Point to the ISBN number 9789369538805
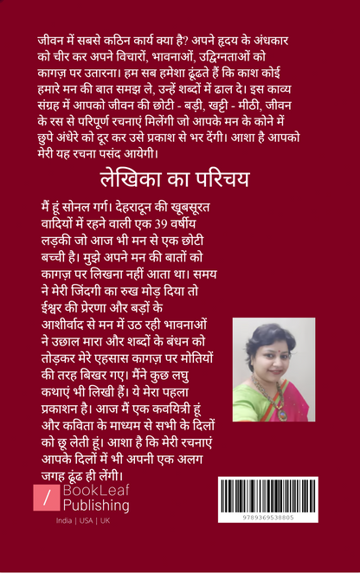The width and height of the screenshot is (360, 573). (268, 516)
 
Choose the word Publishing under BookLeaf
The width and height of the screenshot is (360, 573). (95, 505)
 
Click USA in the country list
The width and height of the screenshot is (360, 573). (85, 521)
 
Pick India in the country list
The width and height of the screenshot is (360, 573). (63, 521)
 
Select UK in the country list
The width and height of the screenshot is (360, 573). (104, 521)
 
